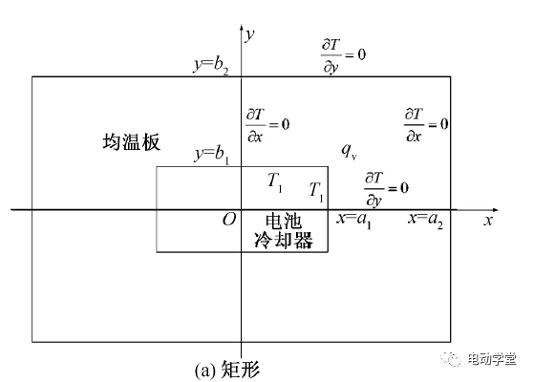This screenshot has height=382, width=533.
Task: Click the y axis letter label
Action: pyautogui.click(x=250, y=35)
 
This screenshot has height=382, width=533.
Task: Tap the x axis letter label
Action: pyautogui.click(x=488, y=221)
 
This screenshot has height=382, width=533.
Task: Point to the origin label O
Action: pyautogui.click(x=229, y=220)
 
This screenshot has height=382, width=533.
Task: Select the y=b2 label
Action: pyautogui.click(x=211, y=65)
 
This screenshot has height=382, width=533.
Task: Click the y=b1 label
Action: pyautogui.click(x=212, y=155)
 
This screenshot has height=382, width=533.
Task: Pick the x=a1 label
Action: pyautogui.click(x=353, y=220)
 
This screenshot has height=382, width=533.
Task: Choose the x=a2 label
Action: pyautogui.click(x=425, y=220)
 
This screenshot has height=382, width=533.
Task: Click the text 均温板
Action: pyautogui.click(x=131, y=141)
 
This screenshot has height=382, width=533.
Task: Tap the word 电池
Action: pyautogui.click(x=284, y=222)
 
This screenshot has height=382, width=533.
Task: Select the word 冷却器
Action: pyautogui.click(x=284, y=241)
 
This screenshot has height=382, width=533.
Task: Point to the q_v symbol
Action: pyautogui.click(x=349, y=151)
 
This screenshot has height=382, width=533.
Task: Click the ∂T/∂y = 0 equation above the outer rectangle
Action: pyautogui.click(x=343, y=55)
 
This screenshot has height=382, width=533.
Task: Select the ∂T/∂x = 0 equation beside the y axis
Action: pyautogui.click(x=267, y=125)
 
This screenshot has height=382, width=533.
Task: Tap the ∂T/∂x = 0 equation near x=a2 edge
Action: pyautogui.click(x=426, y=125)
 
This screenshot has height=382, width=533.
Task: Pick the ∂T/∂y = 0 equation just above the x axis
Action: pyautogui.click(x=387, y=189)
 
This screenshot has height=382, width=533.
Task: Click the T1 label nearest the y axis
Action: pyautogui.click(x=275, y=182)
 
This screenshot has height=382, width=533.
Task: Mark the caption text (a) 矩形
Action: pyautogui.click(x=227, y=371)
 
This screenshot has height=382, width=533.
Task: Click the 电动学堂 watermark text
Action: pyautogui.click(x=492, y=359)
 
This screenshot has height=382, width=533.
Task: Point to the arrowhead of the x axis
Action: pyautogui.click(x=495, y=210)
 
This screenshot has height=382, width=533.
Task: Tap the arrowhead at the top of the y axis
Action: pyautogui.click(x=242, y=27)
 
